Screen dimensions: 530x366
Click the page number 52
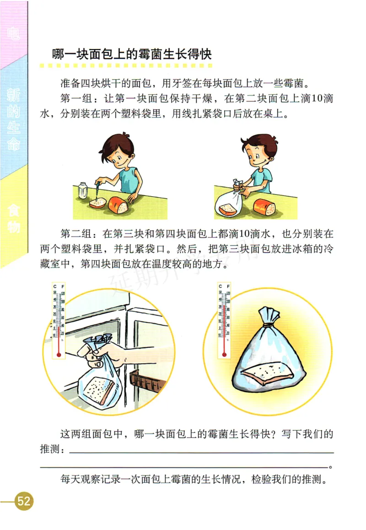click(23, 501)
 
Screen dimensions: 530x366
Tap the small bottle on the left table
click(83, 190)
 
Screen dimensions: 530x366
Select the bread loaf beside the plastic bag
click(264, 207)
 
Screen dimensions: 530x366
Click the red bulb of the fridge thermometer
click(59, 353)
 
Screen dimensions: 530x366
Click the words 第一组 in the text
click(75, 98)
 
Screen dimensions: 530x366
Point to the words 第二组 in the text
click(75, 234)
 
